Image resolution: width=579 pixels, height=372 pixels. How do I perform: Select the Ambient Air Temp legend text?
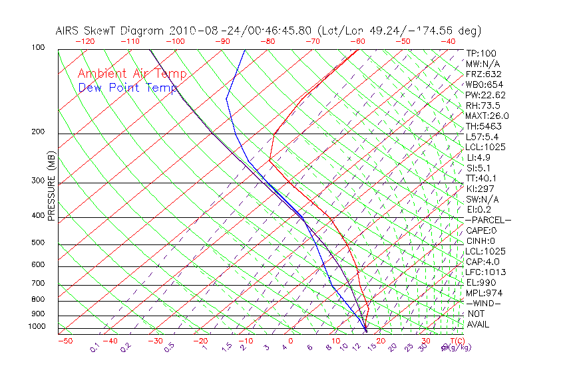(x=132, y=74)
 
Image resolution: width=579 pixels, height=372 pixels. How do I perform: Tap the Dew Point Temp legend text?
(x=128, y=88)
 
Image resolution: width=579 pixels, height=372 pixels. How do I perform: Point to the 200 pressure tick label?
(x=38, y=132)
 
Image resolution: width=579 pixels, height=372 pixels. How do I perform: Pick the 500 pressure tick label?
(x=38, y=243)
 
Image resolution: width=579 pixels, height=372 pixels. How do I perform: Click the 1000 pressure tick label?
(x=36, y=327)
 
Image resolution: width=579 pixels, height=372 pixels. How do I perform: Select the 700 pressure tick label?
(x=38, y=284)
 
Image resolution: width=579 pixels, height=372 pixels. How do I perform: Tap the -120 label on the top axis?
(x=85, y=41)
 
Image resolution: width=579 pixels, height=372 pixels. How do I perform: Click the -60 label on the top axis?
(x=359, y=41)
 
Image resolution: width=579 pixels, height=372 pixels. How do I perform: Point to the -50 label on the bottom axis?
(x=65, y=341)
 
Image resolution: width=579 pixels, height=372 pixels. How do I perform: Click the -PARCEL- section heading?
(x=488, y=220)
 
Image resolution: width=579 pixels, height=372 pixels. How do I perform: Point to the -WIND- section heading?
(x=483, y=303)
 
